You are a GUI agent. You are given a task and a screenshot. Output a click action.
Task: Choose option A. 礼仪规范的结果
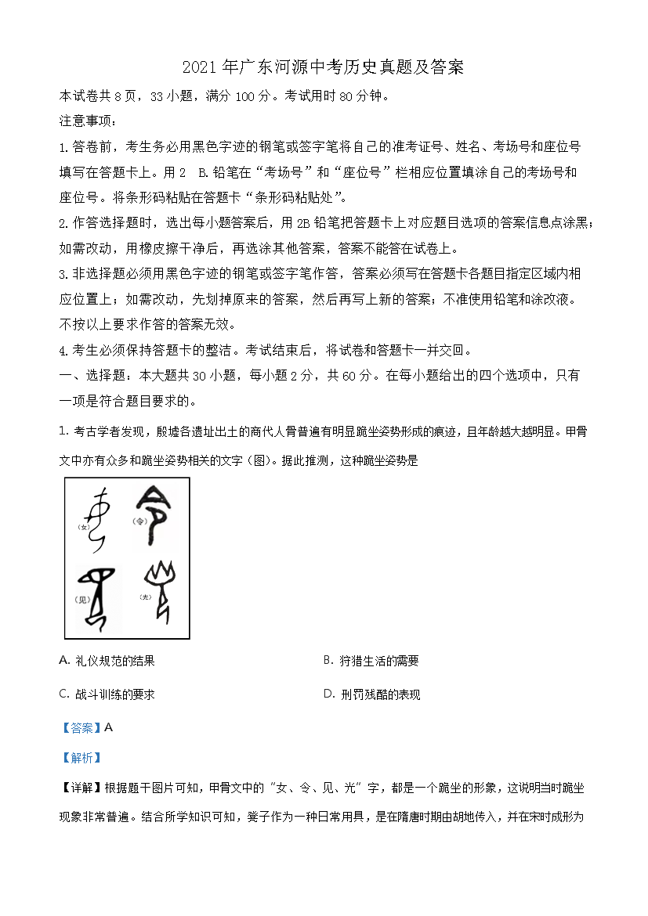click(107, 661)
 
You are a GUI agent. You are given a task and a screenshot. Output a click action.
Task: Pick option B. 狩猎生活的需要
click(371, 661)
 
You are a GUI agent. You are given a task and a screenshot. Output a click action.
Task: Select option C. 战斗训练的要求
click(107, 694)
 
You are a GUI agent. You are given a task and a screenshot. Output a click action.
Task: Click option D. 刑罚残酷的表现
click(371, 694)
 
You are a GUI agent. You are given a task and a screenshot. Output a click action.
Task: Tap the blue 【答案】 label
click(81, 727)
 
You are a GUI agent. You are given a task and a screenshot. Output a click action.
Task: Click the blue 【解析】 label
click(81, 757)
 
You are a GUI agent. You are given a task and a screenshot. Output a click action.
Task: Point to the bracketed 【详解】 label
click(81, 788)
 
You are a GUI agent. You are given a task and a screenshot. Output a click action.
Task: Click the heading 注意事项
click(88, 121)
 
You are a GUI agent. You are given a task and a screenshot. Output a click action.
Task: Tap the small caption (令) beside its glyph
click(141, 521)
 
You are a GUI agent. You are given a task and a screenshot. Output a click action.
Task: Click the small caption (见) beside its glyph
click(79, 600)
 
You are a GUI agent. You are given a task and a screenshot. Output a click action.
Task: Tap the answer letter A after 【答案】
click(109, 727)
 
